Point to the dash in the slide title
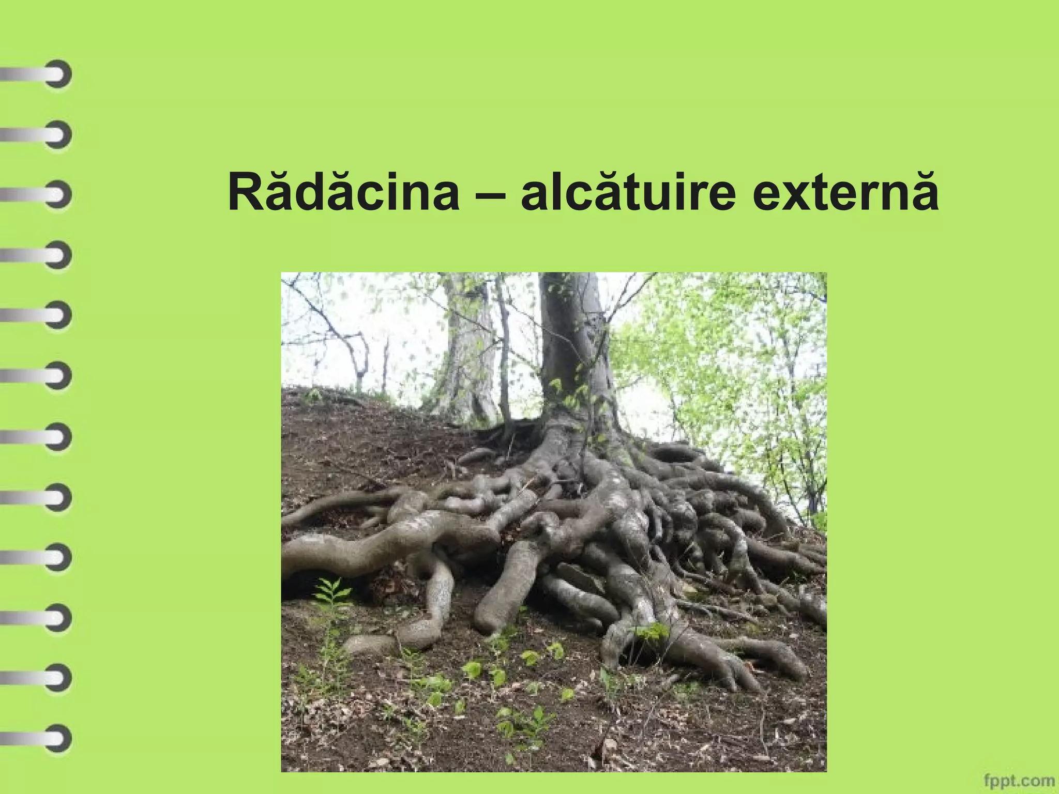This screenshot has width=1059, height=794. coord(489,196)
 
